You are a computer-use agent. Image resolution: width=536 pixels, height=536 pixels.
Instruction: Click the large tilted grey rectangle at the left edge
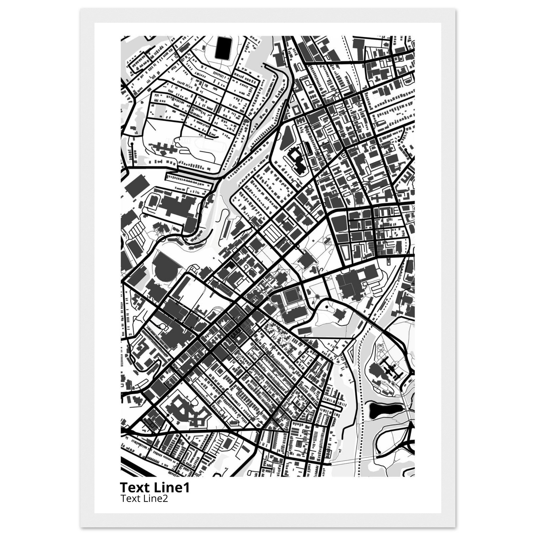point(136,184)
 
